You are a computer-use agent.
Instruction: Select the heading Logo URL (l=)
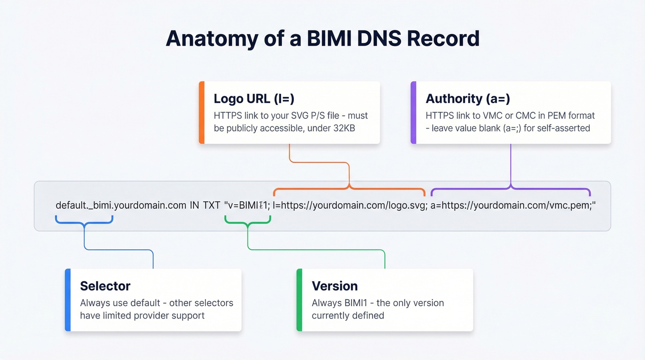[254, 98]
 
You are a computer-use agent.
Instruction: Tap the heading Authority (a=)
[468, 98]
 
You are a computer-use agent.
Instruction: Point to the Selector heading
[105, 286]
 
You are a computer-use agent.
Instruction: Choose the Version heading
[334, 286]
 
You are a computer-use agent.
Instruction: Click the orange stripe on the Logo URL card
[201, 112]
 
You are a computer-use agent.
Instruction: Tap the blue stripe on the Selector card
[68, 300]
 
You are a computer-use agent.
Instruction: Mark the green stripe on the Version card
[299, 300]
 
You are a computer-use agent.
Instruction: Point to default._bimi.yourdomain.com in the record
[121, 205]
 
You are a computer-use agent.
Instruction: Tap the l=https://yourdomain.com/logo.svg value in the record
[349, 205]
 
